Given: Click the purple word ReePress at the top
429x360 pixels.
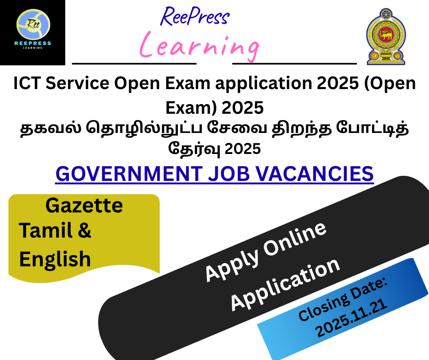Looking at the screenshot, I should [195, 17].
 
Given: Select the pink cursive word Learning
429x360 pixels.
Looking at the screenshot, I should [199, 45].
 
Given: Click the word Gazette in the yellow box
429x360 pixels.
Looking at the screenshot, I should [84, 206].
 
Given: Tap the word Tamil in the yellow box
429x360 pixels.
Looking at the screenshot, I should [43, 231].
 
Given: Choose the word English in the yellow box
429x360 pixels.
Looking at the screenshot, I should [55, 259].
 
